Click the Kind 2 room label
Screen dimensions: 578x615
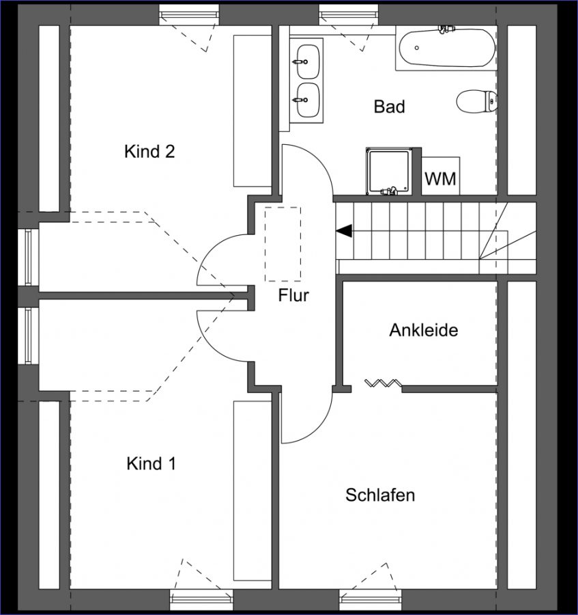coord(149,152)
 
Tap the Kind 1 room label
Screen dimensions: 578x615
coord(151,463)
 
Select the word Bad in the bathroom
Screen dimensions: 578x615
coord(389,107)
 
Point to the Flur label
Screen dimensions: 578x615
coord(293,295)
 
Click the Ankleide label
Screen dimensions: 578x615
coord(424,330)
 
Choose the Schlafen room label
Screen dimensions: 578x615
coord(380,495)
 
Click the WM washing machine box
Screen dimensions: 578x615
coord(441,176)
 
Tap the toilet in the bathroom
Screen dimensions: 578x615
coord(476,101)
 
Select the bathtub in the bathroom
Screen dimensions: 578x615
coord(447,48)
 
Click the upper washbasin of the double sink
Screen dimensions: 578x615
coord(307,61)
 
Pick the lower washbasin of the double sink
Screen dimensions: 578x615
coord(307,100)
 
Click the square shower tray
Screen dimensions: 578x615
coord(388,171)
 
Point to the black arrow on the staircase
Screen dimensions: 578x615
coord(344,231)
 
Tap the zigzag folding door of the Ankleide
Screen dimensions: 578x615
coord(383,383)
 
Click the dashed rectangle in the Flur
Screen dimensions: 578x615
coord(283,244)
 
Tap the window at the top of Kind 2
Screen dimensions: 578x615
coord(190,15)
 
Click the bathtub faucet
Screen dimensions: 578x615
coord(447,29)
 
